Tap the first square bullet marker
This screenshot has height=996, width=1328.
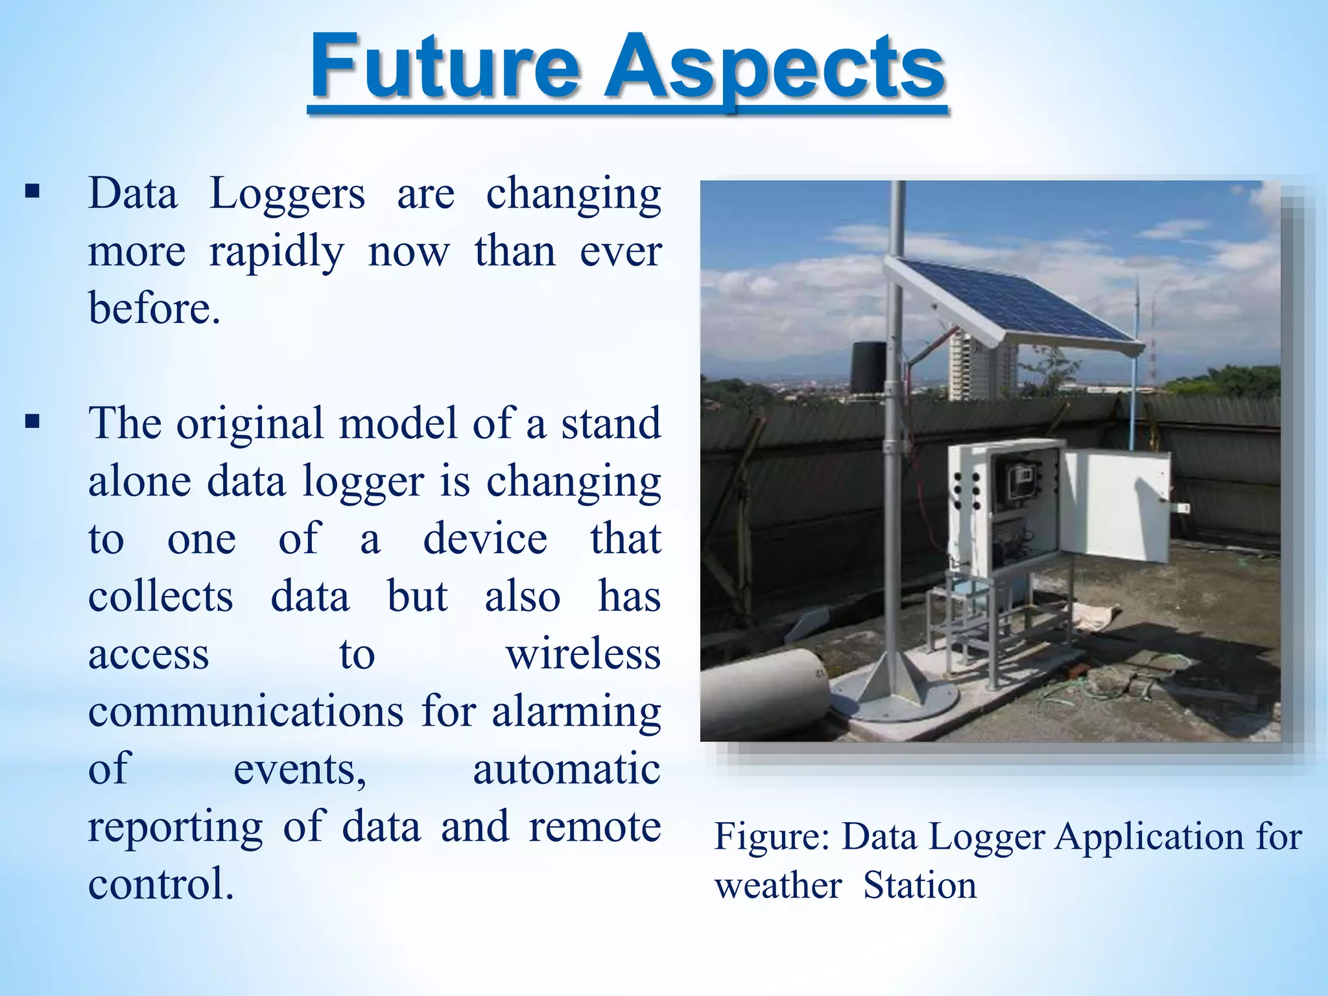coord(32,193)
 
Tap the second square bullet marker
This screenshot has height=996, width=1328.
coord(32,423)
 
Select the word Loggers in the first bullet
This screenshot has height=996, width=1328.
coord(287,195)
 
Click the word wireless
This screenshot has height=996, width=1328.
coord(583,654)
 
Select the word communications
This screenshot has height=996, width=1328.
coord(246,712)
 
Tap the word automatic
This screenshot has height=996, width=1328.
coord(566,770)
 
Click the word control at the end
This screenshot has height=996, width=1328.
coord(160,885)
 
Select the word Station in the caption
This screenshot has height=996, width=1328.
coord(919,886)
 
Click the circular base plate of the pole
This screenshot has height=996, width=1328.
coord(895,698)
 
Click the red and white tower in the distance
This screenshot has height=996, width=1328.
coord(1152,344)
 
